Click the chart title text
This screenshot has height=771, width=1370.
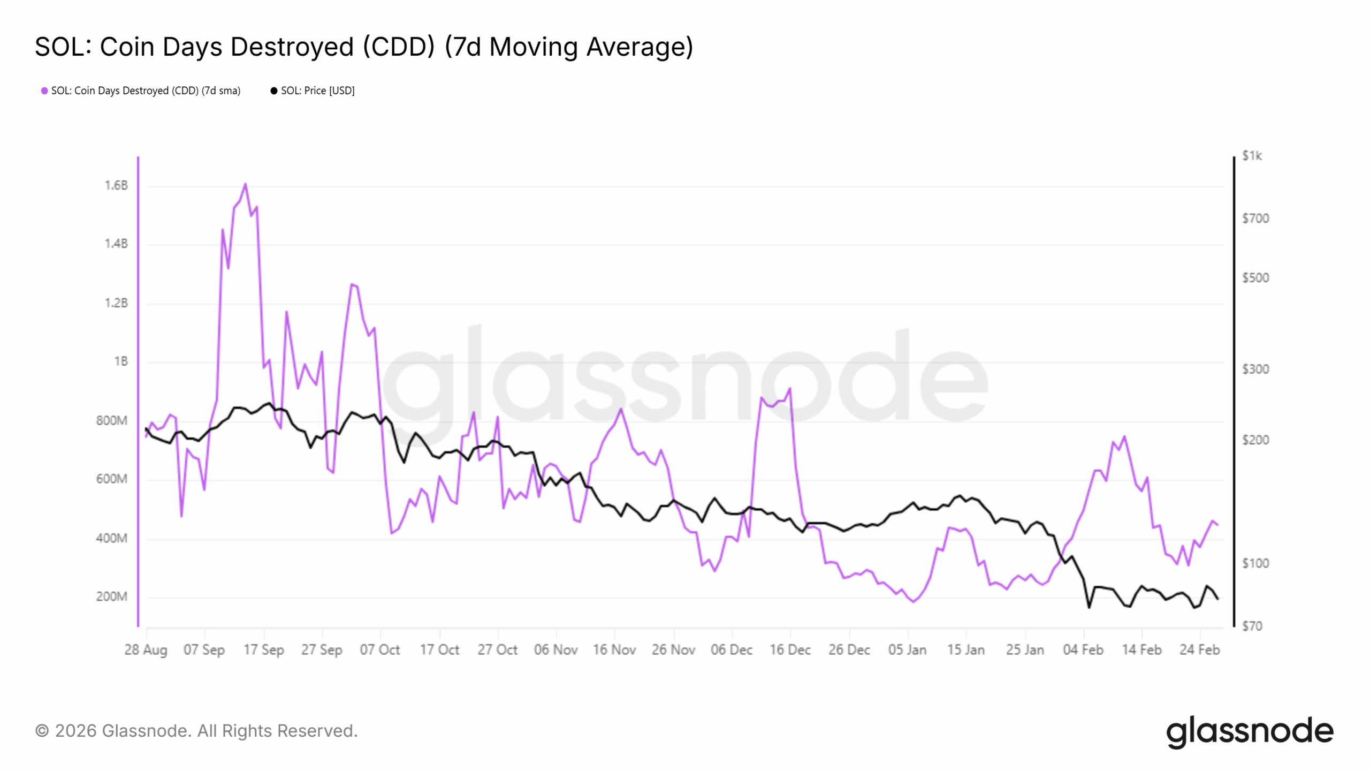pyautogui.click(x=364, y=47)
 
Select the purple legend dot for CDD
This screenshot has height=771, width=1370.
pyautogui.click(x=44, y=91)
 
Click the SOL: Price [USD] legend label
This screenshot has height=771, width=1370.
pyautogui.click(x=317, y=91)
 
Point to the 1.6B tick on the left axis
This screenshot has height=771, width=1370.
pyautogui.click(x=116, y=186)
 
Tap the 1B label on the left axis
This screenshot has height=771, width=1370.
pyautogui.click(x=121, y=362)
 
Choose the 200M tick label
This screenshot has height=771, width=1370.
pyautogui.click(x=112, y=597)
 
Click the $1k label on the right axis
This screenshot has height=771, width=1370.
pyautogui.click(x=1252, y=156)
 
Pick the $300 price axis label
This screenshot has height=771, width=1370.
pyautogui.click(x=1255, y=369)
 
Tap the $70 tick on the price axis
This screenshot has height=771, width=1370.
pyautogui.click(x=1252, y=626)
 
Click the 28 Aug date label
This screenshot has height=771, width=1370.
pyautogui.click(x=146, y=650)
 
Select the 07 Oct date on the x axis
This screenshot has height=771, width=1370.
pyautogui.click(x=380, y=650)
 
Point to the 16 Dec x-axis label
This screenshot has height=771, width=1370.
pyautogui.click(x=790, y=650)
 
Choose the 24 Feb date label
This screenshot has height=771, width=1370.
pyautogui.click(x=1200, y=650)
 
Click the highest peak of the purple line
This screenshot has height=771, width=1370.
pyautogui.click(x=245, y=184)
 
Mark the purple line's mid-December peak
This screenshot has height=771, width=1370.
pyautogui.click(x=790, y=389)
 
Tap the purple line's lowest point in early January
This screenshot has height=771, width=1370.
pyautogui.click(x=913, y=602)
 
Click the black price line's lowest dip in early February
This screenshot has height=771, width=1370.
pyautogui.click(x=1089, y=608)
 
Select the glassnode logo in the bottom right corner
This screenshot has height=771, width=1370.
pyautogui.click(x=1250, y=732)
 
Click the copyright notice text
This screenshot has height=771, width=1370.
pyautogui.click(x=196, y=731)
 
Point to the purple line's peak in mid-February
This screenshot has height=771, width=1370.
pyautogui.click(x=1124, y=436)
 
